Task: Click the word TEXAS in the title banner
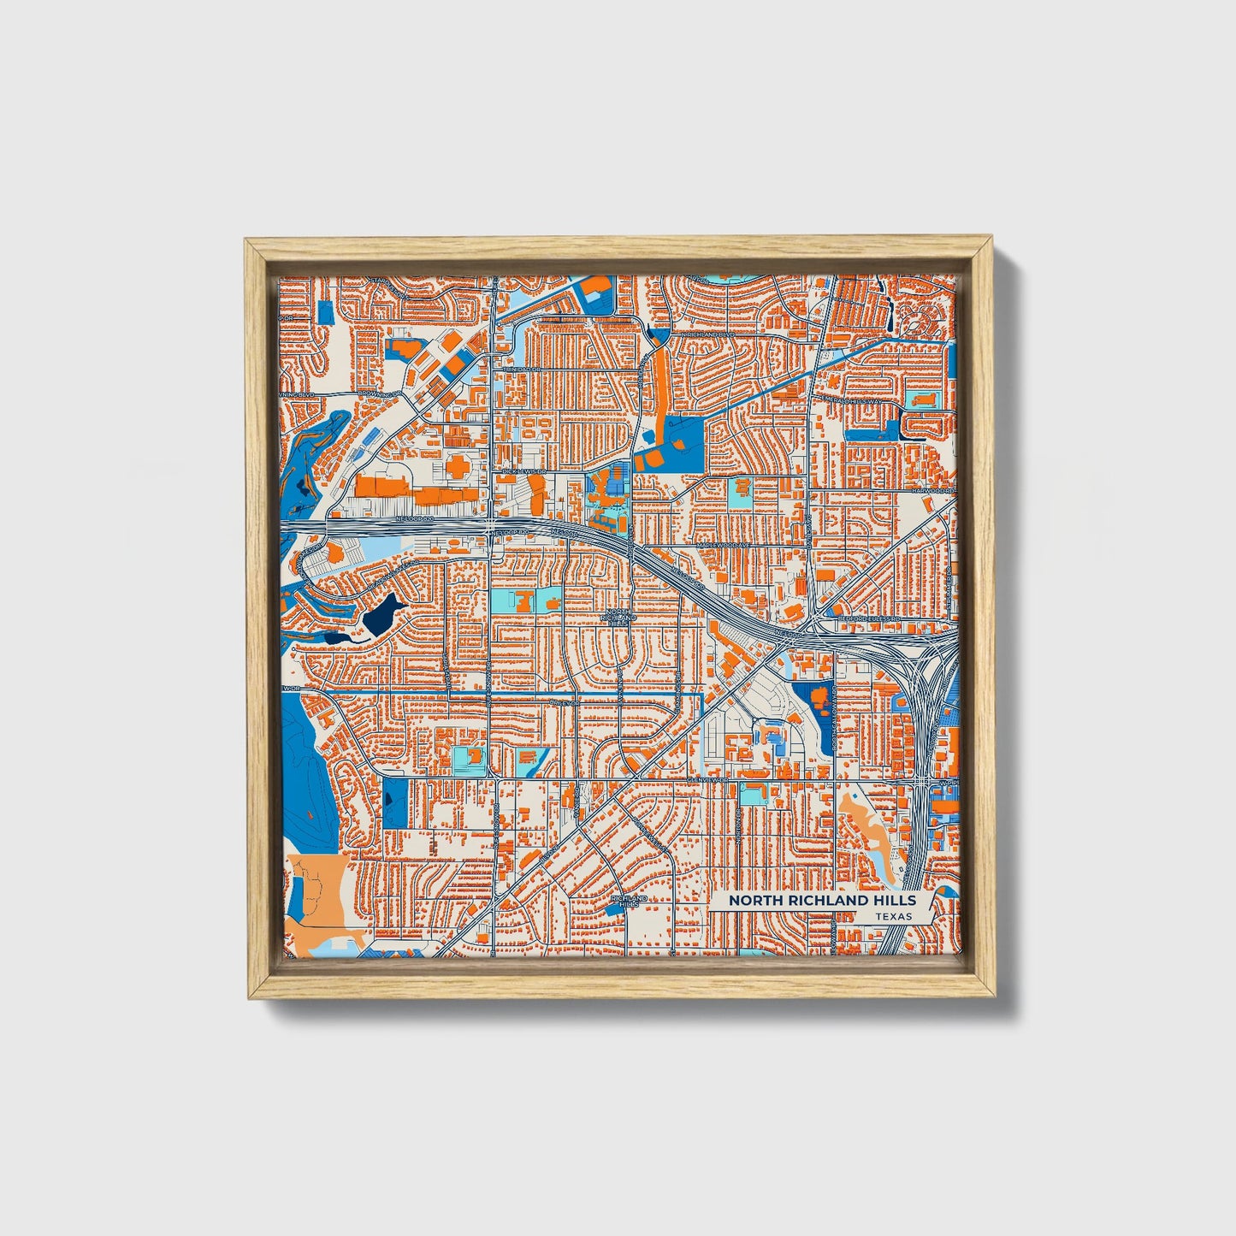pyautogui.click(x=893, y=916)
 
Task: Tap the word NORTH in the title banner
pyautogui.click(x=753, y=901)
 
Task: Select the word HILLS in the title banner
pyautogui.click(x=896, y=901)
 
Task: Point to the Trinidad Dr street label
pyautogui.click(x=523, y=369)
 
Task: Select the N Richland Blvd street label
pyautogui.click(x=712, y=334)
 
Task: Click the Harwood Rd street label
pyautogui.click(x=931, y=491)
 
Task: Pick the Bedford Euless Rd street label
pyautogui.click(x=870, y=618)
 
